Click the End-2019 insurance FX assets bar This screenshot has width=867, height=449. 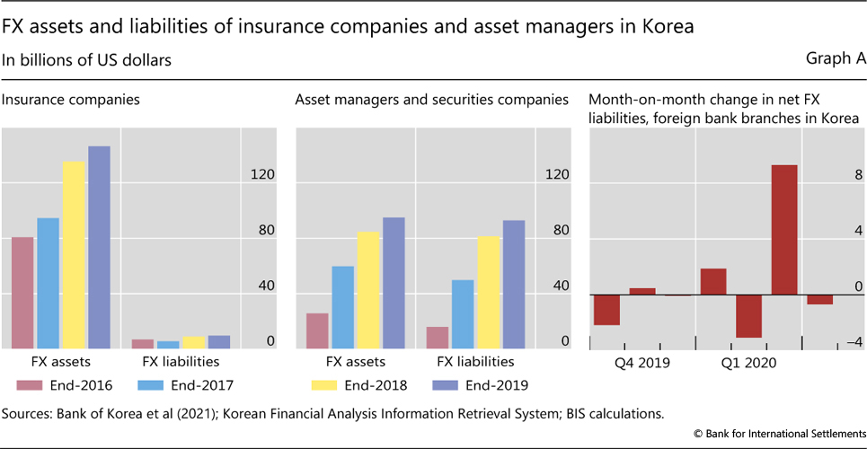pos(99,247)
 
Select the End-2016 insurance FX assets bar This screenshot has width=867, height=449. pos(22,293)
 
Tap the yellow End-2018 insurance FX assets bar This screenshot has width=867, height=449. pos(73,255)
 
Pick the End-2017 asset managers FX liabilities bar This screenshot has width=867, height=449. pos(463,314)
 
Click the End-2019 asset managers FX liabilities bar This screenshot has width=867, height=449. pos(514,284)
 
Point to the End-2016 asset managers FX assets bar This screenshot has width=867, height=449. pos(317,330)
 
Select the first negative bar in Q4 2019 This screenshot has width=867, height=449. pos(606,310)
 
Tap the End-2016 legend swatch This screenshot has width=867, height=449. pos(30,385)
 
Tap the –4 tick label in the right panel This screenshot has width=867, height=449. pos(855,342)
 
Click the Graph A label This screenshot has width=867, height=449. pos(836,59)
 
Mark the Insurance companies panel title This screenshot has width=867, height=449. pos(71,100)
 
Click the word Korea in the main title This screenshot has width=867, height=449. pos(667,26)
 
